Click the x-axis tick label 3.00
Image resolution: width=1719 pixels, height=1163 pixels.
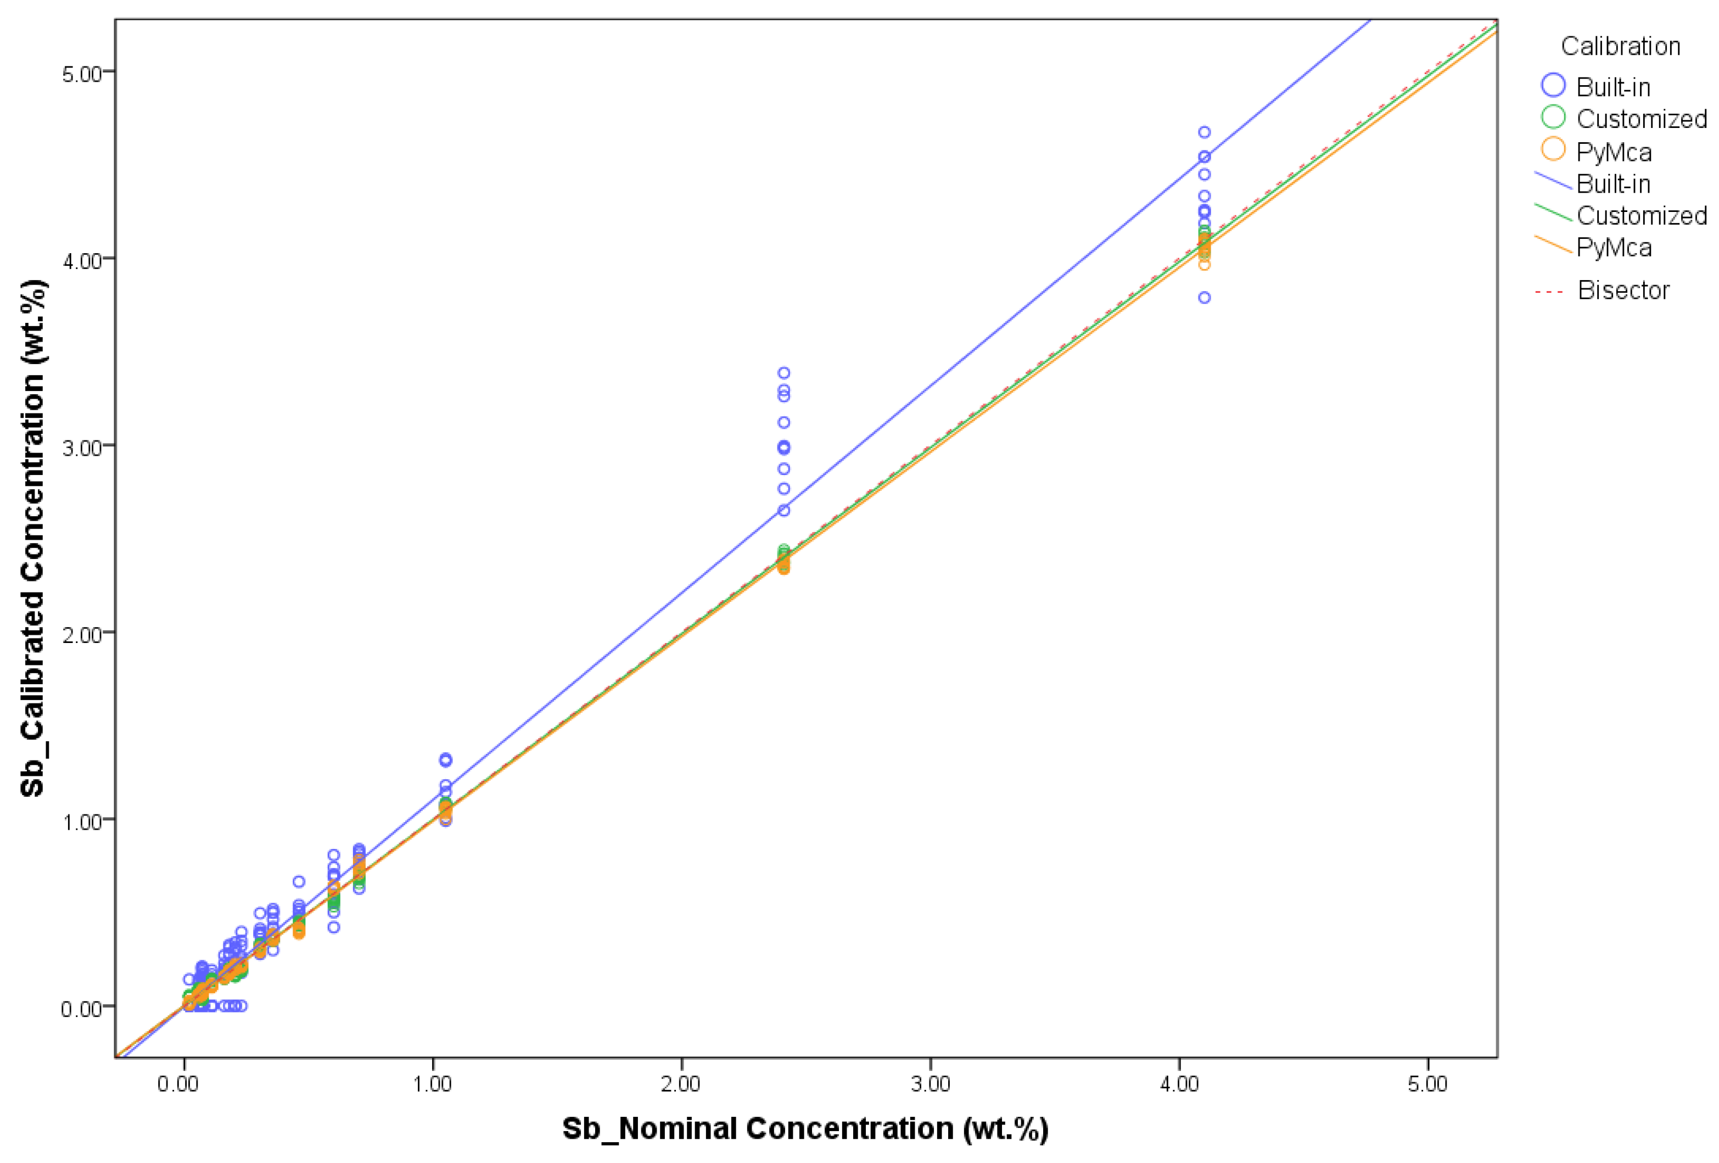point(930,1084)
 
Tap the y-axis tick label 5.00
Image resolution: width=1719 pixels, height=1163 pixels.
point(81,74)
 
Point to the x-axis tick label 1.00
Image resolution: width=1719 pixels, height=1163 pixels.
point(432,1084)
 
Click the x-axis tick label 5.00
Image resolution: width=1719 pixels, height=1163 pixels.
point(1427,1084)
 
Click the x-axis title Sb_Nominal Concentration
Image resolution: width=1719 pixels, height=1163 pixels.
point(805,1129)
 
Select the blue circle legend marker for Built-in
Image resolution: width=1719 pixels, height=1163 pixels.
point(1553,85)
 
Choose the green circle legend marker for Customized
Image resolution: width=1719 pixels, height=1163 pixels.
point(1553,117)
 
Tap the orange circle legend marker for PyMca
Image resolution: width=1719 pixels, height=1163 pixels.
point(1553,149)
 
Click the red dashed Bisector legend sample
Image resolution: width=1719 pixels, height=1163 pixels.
point(1549,292)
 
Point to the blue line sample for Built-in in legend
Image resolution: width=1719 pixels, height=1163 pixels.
point(1553,181)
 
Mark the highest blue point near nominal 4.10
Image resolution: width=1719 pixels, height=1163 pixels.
point(1204,132)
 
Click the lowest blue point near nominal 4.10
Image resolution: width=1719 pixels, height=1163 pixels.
point(1204,298)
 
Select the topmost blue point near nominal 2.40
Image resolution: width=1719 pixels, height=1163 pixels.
point(783,373)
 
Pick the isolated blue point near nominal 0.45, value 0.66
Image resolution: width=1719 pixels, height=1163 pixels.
point(299,881)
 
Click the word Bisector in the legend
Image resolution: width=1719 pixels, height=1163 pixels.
point(1623,290)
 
